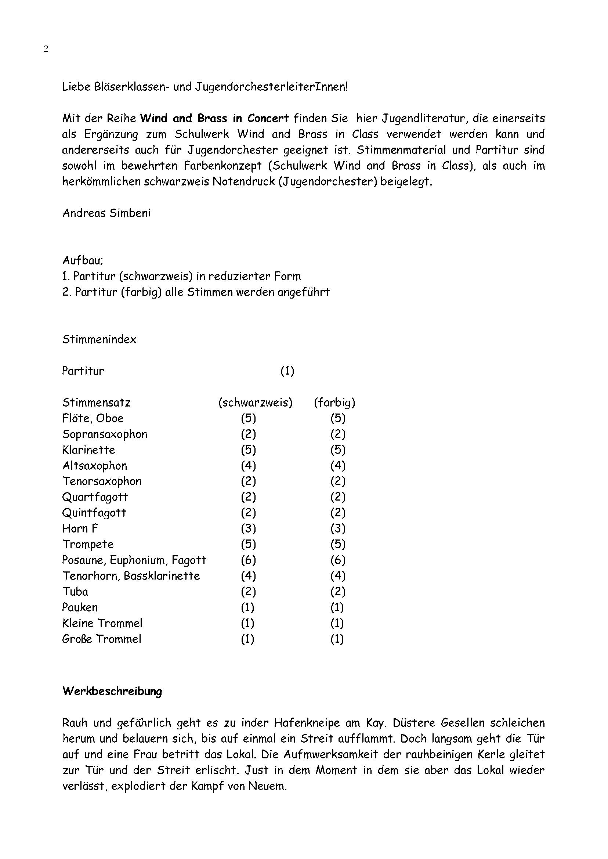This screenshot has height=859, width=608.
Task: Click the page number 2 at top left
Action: coord(46,49)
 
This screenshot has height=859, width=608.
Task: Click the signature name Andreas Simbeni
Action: coord(106,213)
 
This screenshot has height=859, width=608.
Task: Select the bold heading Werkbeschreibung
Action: coord(112,691)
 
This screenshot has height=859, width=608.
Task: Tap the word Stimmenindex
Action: coord(99,339)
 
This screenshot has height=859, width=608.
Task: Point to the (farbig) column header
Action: coord(334,403)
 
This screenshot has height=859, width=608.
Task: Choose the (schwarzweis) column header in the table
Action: coord(255,403)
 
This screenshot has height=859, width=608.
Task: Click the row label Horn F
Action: coord(80,528)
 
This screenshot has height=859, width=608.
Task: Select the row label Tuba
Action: coord(75,591)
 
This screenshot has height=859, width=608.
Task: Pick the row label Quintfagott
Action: coord(94,513)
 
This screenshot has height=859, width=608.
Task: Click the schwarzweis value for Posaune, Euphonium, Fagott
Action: coord(248,560)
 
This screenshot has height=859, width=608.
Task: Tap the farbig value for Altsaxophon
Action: coord(338,465)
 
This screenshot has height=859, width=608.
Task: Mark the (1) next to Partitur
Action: coord(287,371)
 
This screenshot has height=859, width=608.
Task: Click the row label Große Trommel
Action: coord(102,639)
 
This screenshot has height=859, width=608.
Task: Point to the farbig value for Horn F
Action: coord(338,528)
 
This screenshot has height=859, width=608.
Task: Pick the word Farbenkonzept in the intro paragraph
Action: coord(222,166)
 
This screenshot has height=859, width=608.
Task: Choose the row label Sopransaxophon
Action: coord(105,434)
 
